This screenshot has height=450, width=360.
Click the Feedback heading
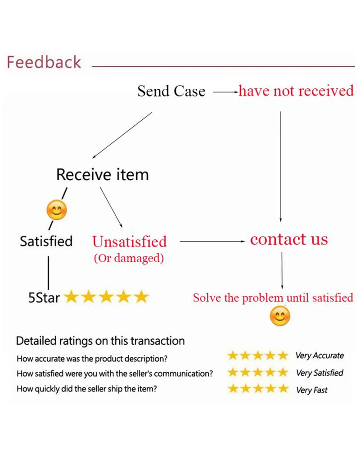44,62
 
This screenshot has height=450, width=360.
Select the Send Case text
171,91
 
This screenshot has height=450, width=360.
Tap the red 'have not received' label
296,91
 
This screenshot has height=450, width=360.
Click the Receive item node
102,174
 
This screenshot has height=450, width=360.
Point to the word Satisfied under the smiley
46,241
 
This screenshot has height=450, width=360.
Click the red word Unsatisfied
129,242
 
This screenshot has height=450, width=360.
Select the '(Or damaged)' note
129,259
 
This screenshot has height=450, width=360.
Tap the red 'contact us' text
289,239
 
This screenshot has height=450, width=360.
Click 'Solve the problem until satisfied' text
273,298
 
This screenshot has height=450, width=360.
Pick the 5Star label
44,298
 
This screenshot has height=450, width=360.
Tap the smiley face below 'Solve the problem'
280,316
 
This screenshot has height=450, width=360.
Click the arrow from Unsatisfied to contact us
211,242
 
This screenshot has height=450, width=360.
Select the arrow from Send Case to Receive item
122,135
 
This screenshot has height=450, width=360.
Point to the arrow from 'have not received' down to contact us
281,167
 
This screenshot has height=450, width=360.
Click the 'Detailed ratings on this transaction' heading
100,341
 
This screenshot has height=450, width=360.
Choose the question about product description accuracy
92,359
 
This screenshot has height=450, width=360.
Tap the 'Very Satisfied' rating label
319,373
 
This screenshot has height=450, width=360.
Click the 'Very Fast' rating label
312,390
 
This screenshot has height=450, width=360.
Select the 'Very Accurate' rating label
319,356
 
